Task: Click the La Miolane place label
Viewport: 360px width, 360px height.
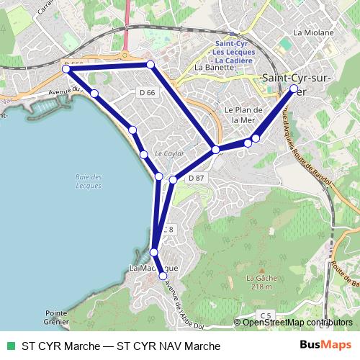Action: pyautogui.click(x=314, y=32)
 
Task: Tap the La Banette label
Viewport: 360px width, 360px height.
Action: pyautogui.click(x=215, y=68)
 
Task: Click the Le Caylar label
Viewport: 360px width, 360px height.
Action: pyautogui.click(x=170, y=154)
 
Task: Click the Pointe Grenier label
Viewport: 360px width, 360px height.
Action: pyautogui.click(x=55, y=318)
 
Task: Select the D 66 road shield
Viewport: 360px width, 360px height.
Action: pyautogui.click(x=147, y=92)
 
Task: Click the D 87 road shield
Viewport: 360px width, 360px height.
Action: pyautogui.click(x=197, y=178)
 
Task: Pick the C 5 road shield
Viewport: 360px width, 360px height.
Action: pyautogui.click(x=266, y=315)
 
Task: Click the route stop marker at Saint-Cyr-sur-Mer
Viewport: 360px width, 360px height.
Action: pyautogui.click(x=294, y=89)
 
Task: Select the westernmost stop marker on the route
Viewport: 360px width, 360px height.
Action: pyautogui.click(x=66, y=69)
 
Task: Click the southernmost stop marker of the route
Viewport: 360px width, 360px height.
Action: pyautogui.click(x=163, y=276)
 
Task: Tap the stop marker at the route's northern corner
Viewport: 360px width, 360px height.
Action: pyautogui.click(x=150, y=65)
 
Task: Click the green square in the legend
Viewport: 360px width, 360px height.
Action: pyautogui.click(x=10, y=346)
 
